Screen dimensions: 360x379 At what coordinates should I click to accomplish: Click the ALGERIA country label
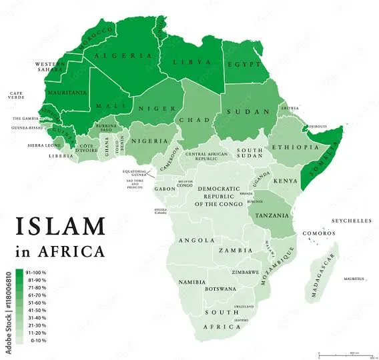tap(118, 56)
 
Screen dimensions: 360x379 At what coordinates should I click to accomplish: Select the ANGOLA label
tap(196, 240)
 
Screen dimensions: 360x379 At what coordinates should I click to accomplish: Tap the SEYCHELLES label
tap(352, 220)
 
